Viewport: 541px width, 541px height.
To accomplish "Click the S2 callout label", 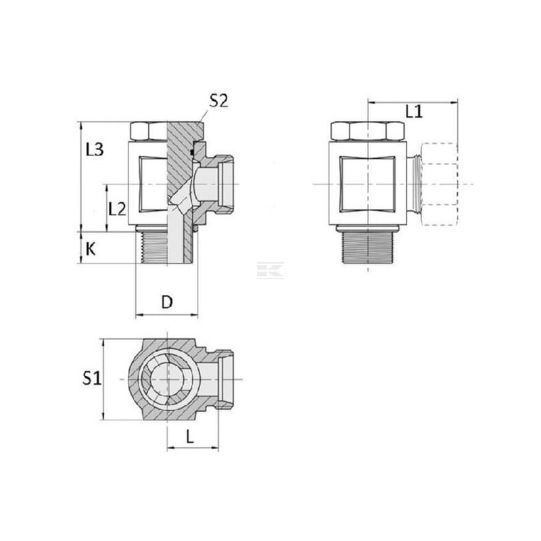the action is (219, 101).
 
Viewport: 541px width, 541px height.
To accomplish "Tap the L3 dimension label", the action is (95, 149).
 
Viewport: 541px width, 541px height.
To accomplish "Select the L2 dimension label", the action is (117, 209).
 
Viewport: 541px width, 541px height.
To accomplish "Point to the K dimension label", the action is (91, 249).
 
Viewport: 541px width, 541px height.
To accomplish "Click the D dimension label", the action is (167, 302).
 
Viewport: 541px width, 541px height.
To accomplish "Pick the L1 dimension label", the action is (414, 112).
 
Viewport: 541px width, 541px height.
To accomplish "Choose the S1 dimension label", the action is (92, 378).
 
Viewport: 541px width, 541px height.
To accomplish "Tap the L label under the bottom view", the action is (190, 437).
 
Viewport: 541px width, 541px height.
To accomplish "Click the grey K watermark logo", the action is (270, 270).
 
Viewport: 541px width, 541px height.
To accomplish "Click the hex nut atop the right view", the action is (367, 131).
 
